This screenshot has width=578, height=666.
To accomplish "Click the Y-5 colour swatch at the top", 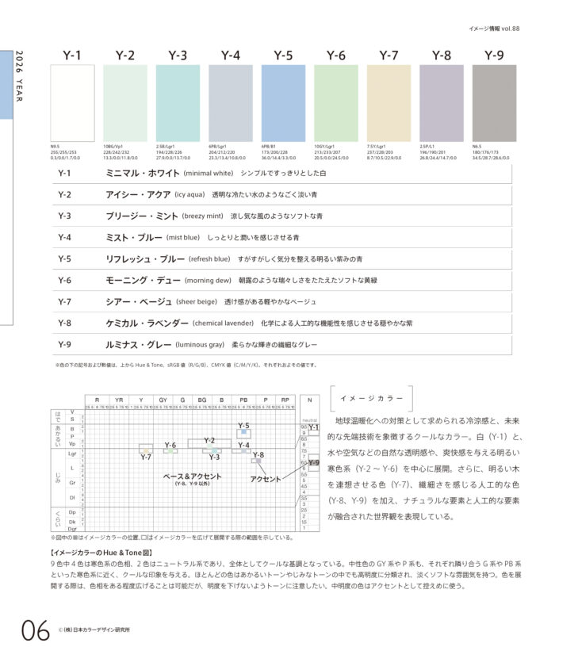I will click(x=283, y=103).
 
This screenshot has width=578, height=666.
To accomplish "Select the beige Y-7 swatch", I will click(x=389, y=103).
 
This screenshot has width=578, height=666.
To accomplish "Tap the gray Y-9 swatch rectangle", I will click(x=494, y=103).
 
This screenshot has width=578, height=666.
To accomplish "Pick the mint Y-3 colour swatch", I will click(x=178, y=103).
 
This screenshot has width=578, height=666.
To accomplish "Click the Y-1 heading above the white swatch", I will click(x=72, y=55).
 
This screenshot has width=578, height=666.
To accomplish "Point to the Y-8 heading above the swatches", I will click(x=442, y=55).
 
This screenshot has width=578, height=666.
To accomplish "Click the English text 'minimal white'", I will click(x=208, y=173).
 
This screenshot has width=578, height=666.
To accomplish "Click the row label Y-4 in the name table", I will click(x=65, y=237).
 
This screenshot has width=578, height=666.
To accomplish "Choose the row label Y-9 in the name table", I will click(x=65, y=345).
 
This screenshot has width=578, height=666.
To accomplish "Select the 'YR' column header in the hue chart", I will click(x=118, y=400).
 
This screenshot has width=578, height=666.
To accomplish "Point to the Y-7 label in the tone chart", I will click(x=146, y=457).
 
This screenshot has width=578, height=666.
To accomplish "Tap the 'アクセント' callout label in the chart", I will click(x=266, y=480).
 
